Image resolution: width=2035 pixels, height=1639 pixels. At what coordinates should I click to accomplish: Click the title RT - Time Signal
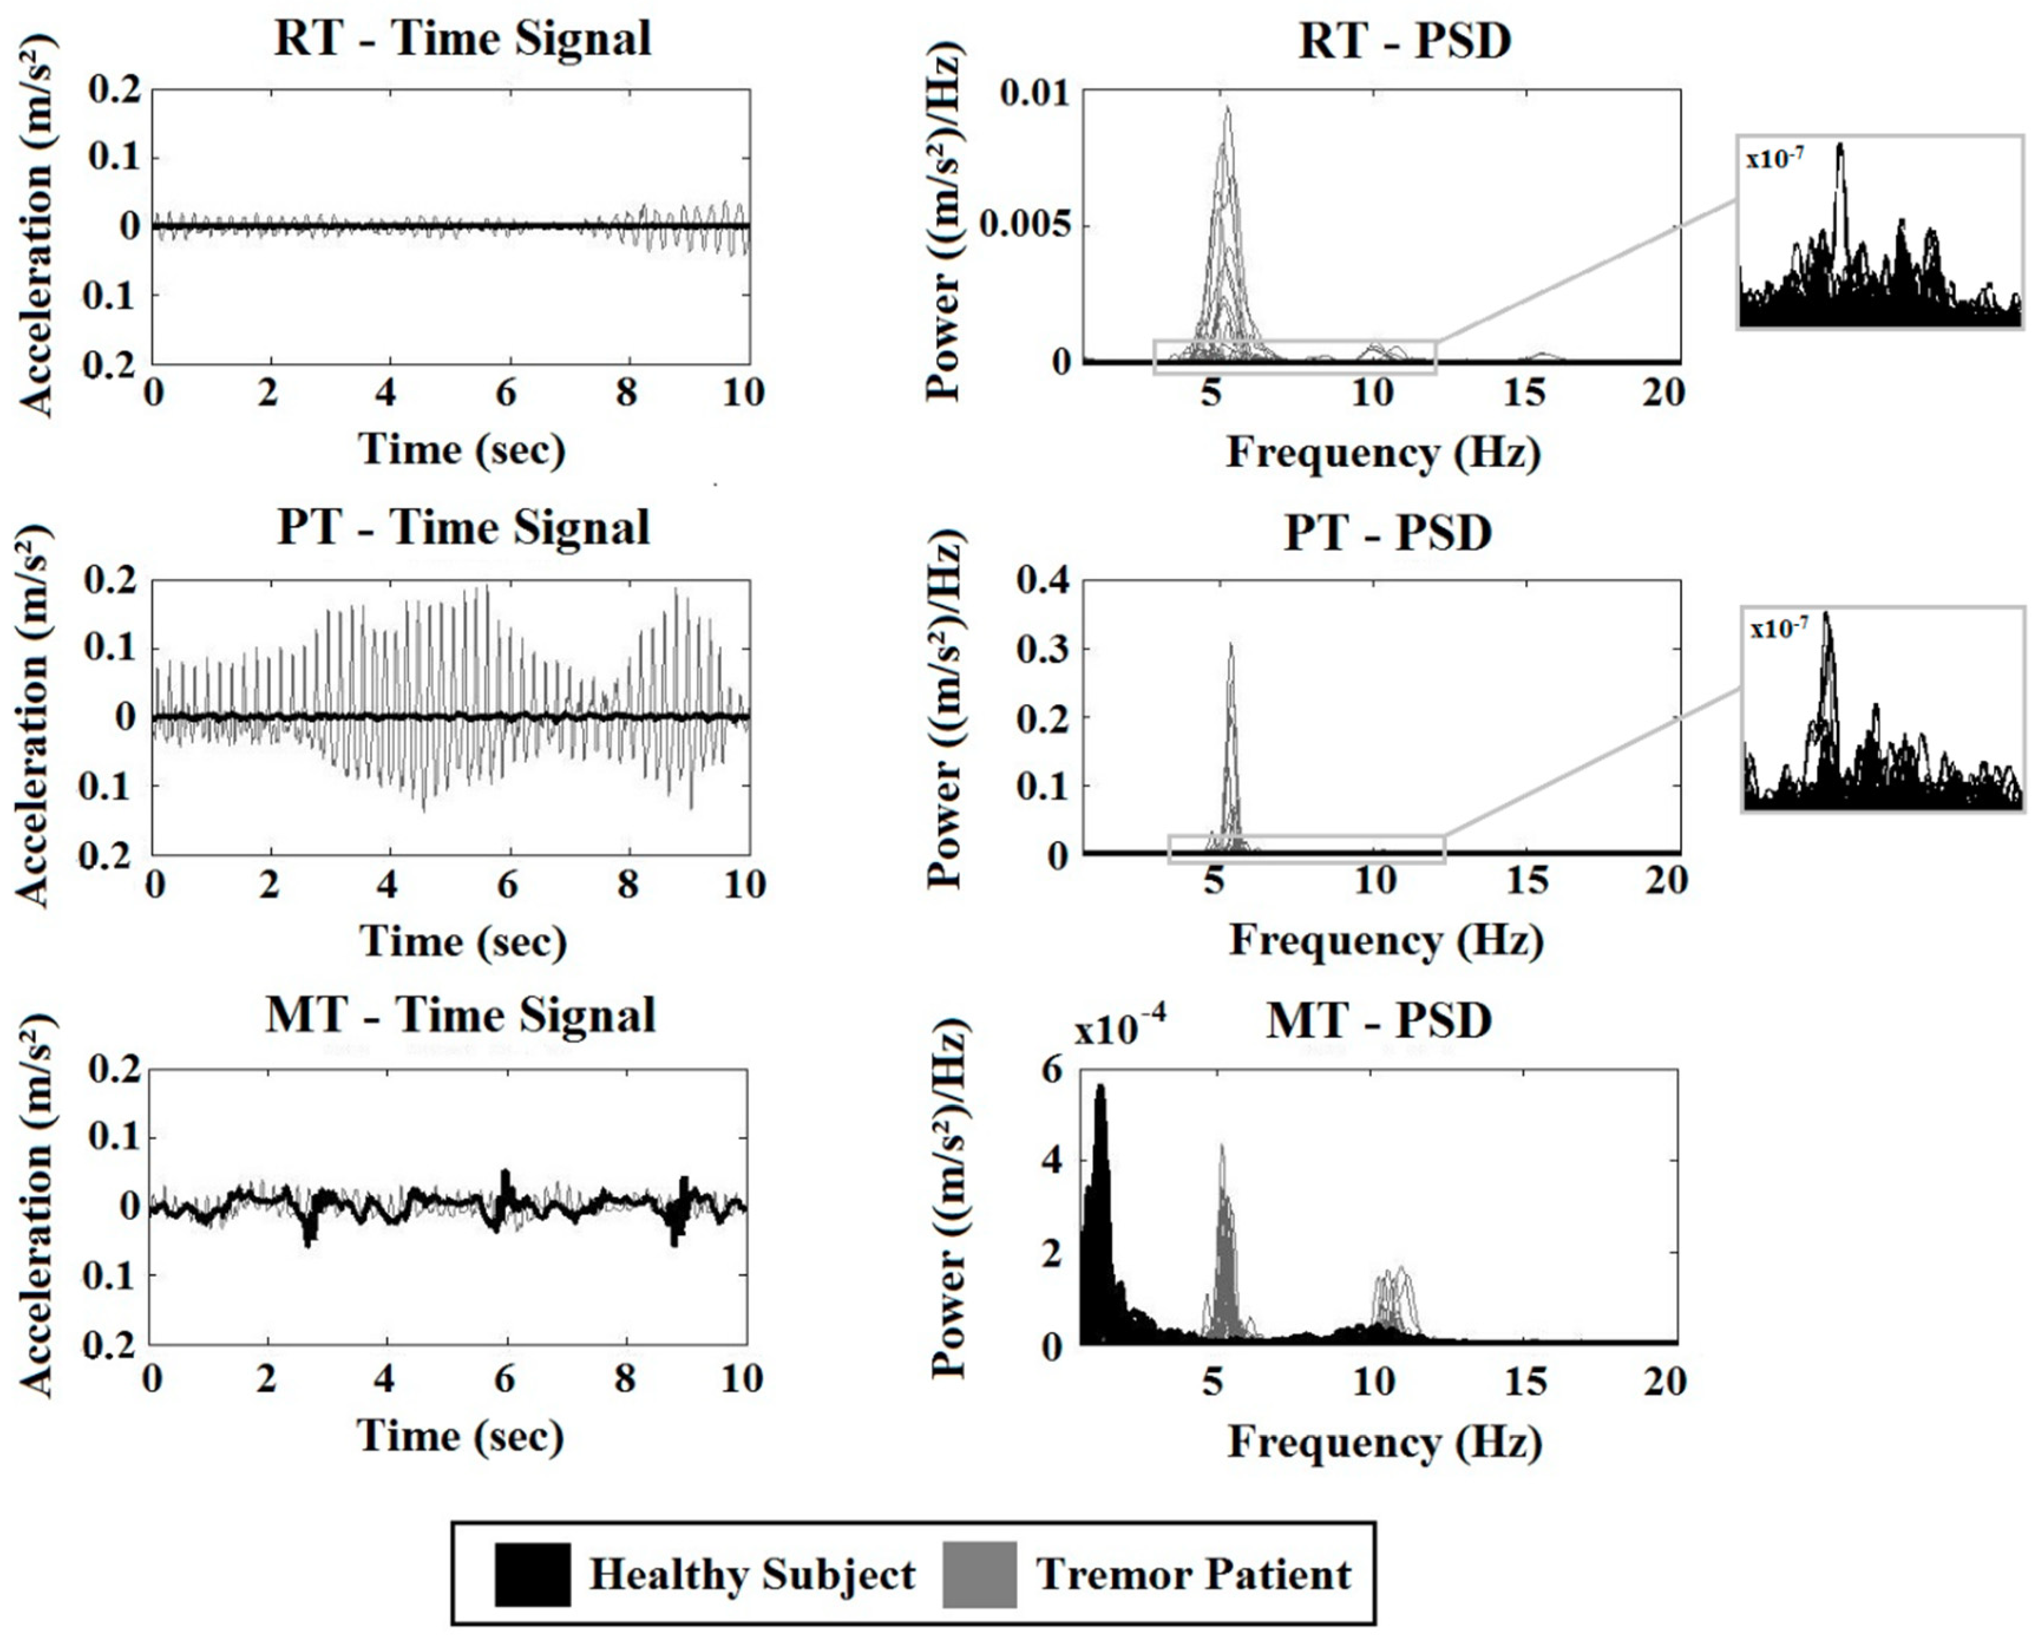pos(463,40)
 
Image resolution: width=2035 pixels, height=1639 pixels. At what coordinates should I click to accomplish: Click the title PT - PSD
pos(1388,534)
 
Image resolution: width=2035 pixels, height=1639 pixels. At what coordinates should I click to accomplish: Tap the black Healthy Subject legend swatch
pos(532,1574)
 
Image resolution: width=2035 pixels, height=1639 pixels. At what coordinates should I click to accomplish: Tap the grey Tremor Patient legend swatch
pos(980,1574)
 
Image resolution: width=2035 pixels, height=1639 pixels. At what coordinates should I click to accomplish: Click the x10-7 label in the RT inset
pos(1775,159)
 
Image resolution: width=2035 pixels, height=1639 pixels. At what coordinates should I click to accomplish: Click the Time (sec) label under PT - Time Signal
pos(463,941)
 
